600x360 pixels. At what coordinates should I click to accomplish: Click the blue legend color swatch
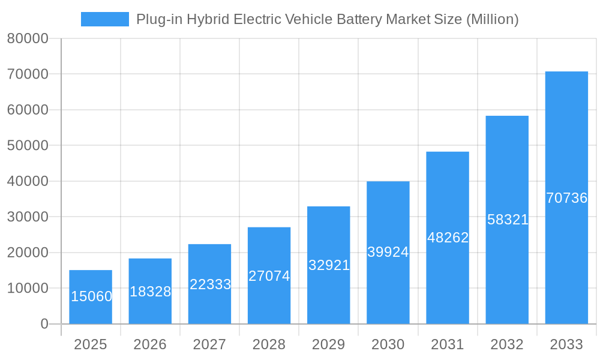tap(104, 19)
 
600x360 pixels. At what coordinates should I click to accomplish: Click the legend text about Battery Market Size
tap(327, 19)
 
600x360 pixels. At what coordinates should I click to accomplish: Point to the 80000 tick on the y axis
tap(27, 39)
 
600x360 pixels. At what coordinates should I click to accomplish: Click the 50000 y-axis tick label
tap(27, 146)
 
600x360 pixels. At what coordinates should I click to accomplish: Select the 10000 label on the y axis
tap(27, 289)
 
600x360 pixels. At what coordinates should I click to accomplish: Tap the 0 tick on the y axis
tap(44, 324)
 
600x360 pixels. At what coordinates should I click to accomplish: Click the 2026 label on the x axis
tap(150, 344)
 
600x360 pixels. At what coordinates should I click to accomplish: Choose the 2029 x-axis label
tap(329, 344)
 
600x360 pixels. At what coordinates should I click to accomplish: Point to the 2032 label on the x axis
tap(507, 344)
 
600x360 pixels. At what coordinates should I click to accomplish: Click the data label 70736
tap(566, 198)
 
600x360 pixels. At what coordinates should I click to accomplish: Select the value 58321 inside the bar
tap(508, 220)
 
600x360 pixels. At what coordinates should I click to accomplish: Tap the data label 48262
tap(448, 238)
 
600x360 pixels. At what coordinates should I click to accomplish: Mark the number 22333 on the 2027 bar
tap(210, 284)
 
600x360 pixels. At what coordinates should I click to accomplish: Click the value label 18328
tap(150, 292)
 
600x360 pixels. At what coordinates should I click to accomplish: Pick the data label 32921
tap(329, 265)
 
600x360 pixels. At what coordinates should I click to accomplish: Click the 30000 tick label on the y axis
tap(27, 217)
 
